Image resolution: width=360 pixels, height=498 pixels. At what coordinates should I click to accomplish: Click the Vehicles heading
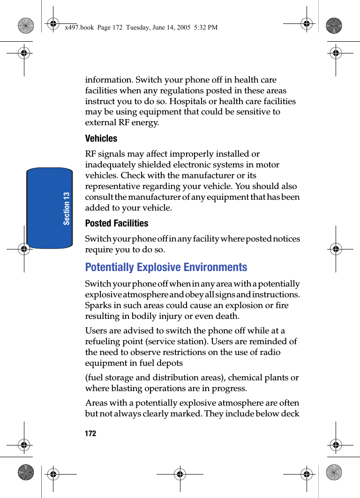click(x=101, y=138)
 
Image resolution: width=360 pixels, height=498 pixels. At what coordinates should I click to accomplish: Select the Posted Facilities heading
click(x=116, y=223)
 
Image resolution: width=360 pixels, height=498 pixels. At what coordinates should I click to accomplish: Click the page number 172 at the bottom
click(x=90, y=433)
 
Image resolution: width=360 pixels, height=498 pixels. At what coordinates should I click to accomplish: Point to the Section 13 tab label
click(x=67, y=208)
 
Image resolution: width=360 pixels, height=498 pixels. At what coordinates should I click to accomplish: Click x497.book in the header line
click(x=78, y=28)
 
